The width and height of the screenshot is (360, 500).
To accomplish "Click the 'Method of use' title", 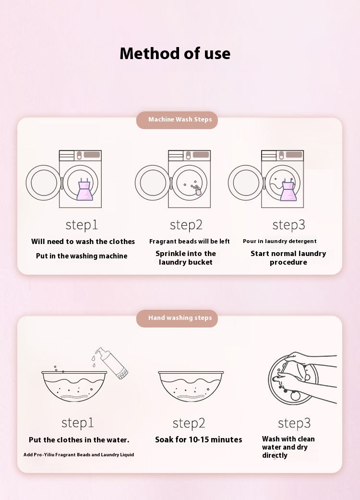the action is pyautogui.click(x=175, y=53).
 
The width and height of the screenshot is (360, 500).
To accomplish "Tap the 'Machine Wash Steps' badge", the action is pyautogui.click(x=177, y=120).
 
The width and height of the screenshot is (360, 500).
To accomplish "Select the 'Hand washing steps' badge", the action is pyautogui.click(x=177, y=318).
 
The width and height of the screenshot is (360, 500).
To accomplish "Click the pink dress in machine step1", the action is pyautogui.click(x=85, y=190).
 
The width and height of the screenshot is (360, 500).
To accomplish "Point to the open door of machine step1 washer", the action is pyautogui.click(x=43, y=183).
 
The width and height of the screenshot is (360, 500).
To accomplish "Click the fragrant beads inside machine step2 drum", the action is pyautogui.click(x=194, y=188).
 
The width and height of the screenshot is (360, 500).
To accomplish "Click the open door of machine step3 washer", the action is pyautogui.click(x=246, y=183).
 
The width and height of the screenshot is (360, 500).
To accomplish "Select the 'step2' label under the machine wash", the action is pyautogui.click(x=186, y=225).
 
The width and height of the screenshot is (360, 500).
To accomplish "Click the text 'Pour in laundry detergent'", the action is pyautogui.click(x=280, y=241).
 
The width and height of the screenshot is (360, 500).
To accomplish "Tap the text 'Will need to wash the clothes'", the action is pyautogui.click(x=83, y=242).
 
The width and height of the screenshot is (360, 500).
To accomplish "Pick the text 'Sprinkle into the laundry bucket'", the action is pyautogui.click(x=186, y=257).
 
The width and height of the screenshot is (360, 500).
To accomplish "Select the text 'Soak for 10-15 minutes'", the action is pyautogui.click(x=198, y=439).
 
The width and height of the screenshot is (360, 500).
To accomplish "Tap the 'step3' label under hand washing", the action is pyautogui.click(x=294, y=423).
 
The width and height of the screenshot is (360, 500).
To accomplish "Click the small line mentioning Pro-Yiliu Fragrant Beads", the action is pyautogui.click(x=79, y=454).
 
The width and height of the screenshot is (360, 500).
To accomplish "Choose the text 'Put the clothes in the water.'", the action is pyautogui.click(x=79, y=440).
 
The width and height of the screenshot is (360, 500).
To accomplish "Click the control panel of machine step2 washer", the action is pyautogui.click(x=189, y=155).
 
